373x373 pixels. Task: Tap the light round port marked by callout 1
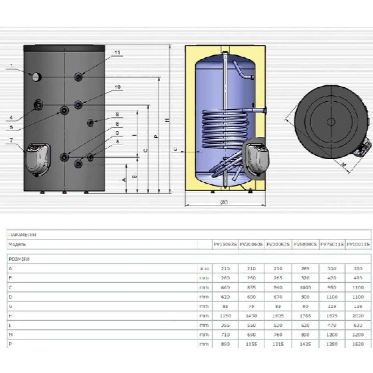(x=36, y=77)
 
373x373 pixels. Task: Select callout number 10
(x=117, y=87)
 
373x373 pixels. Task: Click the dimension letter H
(x=168, y=119)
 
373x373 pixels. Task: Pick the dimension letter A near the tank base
(x=125, y=179)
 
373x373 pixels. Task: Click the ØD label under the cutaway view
(x=224, y=202)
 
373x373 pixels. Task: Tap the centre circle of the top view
(x=330, y=122)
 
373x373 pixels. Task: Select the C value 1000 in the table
(x=305, y=288)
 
